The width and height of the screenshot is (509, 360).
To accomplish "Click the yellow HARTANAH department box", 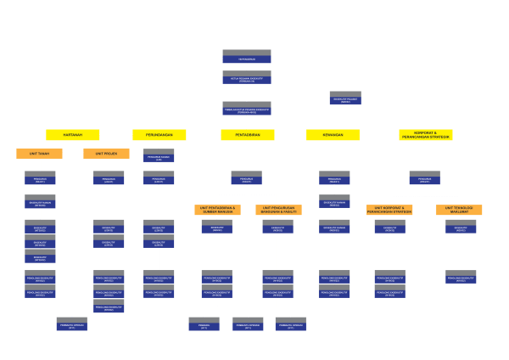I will (x=73, y=134).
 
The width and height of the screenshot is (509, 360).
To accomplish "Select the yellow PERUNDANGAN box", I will (x=159, y=134).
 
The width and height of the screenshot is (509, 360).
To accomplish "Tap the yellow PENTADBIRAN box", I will (x=248, y=134).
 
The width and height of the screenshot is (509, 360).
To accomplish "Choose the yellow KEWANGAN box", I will (x=333, y=134).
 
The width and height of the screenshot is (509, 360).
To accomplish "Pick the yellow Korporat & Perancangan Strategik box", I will (x=426, y=134).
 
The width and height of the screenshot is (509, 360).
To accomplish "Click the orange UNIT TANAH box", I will (x=39, y=154).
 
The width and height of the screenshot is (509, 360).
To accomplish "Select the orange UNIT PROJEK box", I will (x=106, y=154).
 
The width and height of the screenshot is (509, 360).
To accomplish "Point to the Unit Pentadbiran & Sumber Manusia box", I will (x=217, y=210).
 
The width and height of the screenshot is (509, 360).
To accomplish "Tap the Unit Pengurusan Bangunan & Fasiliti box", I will (x=278, y=210).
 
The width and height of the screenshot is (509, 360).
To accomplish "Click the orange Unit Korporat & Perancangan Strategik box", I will (x=389, y=210).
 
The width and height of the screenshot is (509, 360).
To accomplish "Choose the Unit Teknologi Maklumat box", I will (x=460, y=210).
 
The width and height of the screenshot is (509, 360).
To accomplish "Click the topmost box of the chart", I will (x=247, y=57).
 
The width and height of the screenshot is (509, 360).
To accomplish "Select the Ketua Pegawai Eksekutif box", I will (x=247, y=77).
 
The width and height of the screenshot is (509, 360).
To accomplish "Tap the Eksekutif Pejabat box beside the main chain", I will (x=345, y=98).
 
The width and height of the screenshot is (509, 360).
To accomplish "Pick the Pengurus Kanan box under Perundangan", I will (x=159, y=156).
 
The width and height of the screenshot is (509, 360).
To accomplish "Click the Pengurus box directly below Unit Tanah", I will (x=40, y=178).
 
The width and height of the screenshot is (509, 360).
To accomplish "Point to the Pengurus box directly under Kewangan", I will (x=334, y=178).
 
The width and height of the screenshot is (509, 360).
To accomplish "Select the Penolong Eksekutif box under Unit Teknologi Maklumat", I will (x=461, y=277).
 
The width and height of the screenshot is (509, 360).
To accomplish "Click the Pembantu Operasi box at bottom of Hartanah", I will (x=71, y=324).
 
